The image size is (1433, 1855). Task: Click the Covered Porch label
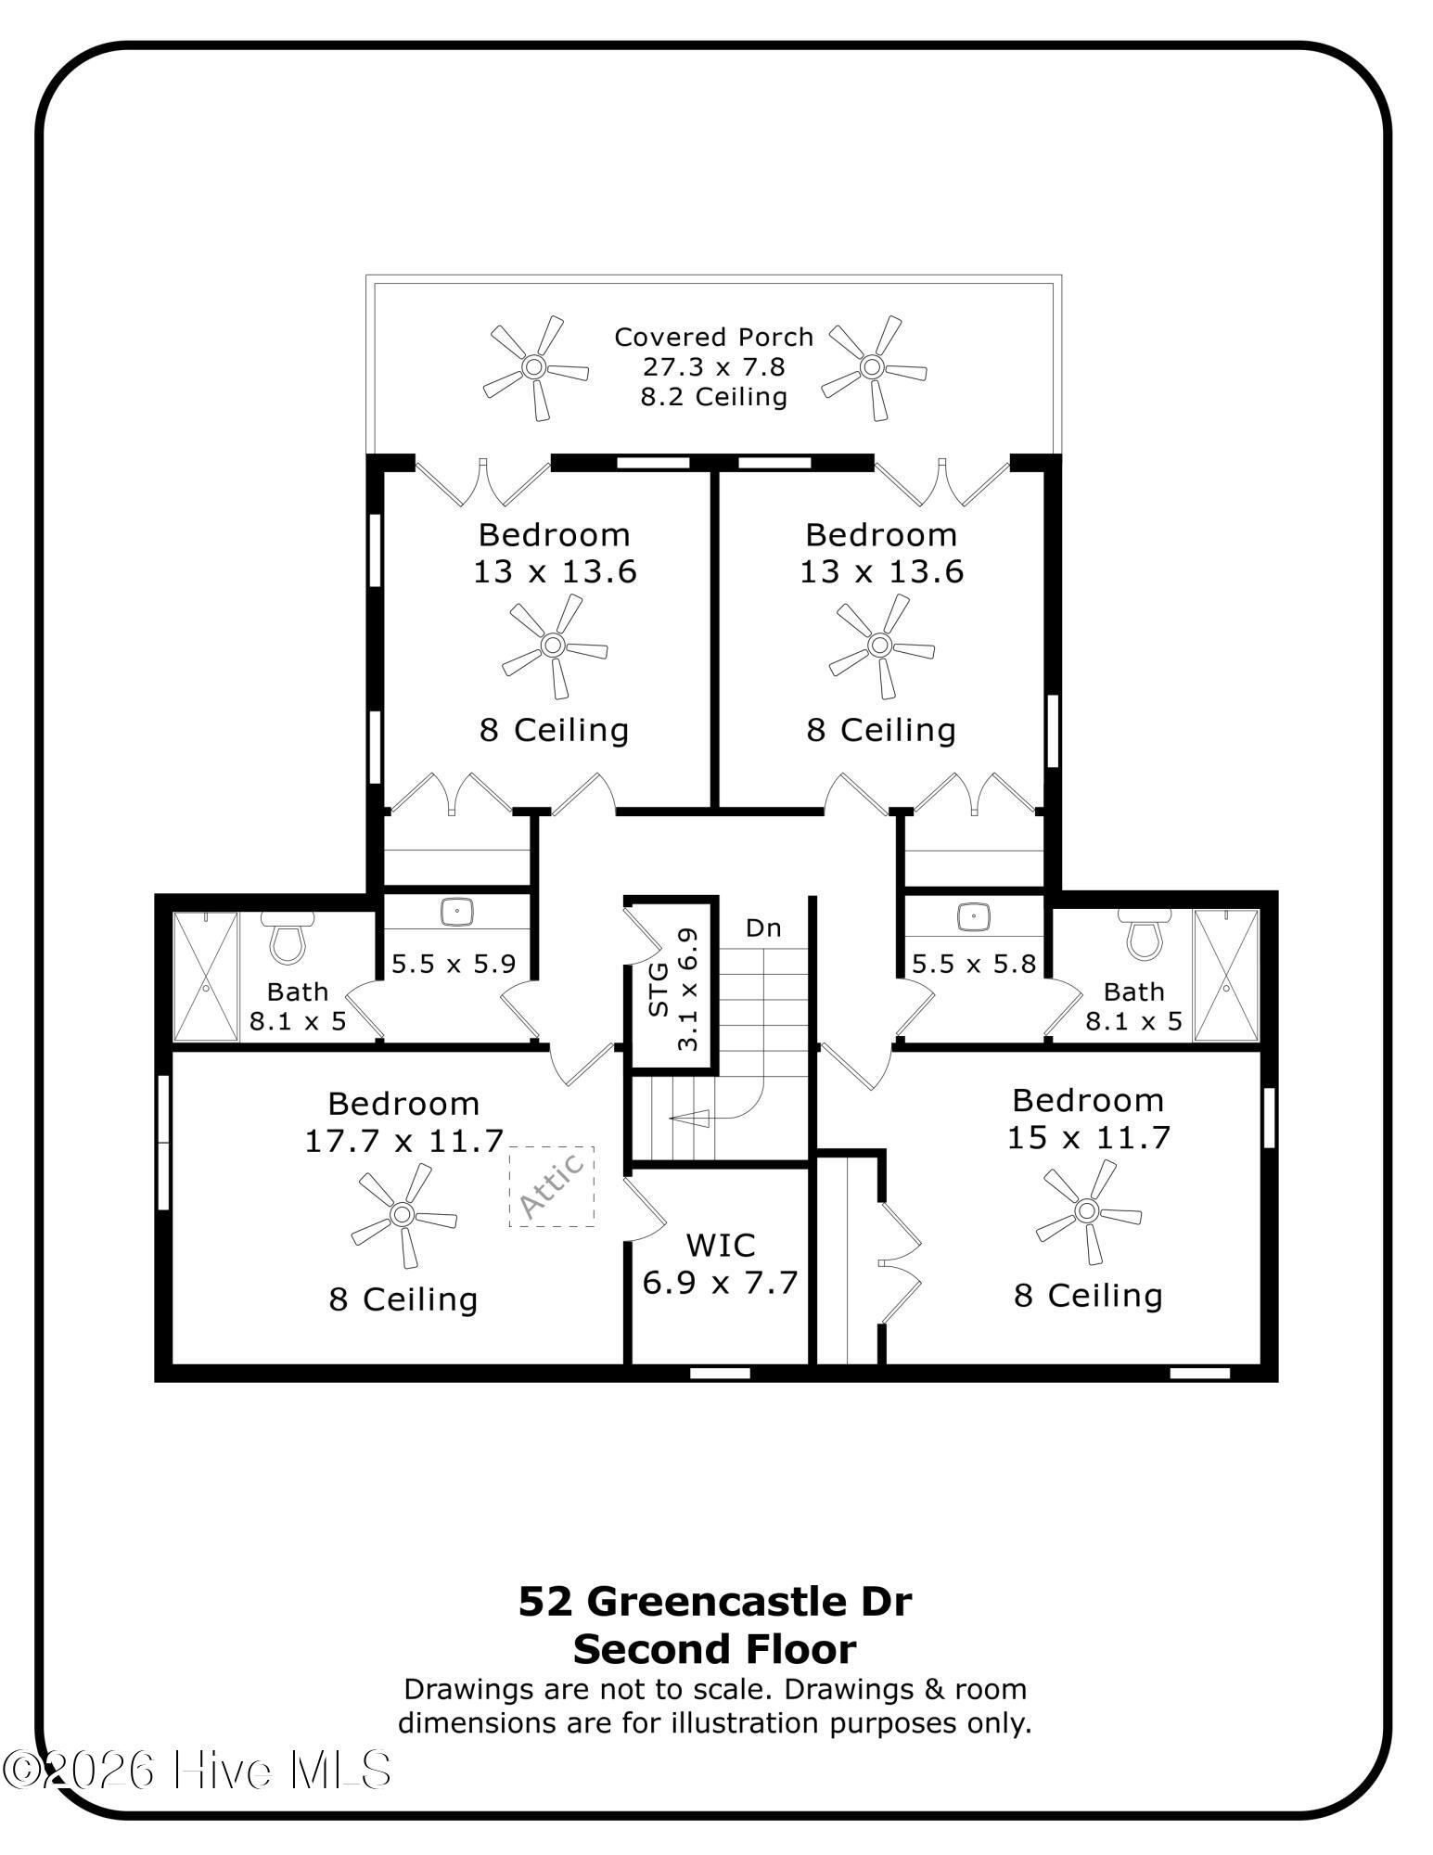pos(713,337)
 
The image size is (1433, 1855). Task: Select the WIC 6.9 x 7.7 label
pos(720,1263)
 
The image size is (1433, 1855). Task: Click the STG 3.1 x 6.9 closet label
pos(673,989)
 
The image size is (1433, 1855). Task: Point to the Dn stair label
pos(763,927)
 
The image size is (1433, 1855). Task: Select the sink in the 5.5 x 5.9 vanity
pos(457,912)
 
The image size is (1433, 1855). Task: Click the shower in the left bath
pos(206,976)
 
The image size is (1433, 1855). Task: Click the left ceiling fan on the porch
pos(535,367)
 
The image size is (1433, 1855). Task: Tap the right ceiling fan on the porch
pos(873,367)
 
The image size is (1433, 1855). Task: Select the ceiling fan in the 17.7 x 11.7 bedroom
pos(403,1214)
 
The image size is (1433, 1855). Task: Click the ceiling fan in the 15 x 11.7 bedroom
pos(1087,1210)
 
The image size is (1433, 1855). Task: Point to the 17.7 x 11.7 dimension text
pos(403,1140)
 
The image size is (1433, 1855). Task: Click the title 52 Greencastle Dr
pos(715,1601)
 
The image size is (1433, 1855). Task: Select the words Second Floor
pos(715,1650)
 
